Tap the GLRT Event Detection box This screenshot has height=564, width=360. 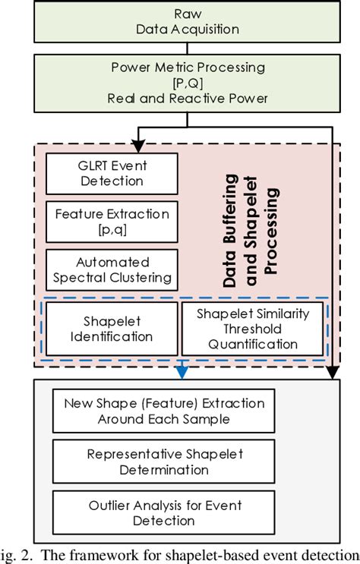112,173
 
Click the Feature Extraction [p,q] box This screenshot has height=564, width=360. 112,221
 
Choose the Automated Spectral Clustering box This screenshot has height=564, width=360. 112,269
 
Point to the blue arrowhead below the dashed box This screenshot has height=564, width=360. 181,371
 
